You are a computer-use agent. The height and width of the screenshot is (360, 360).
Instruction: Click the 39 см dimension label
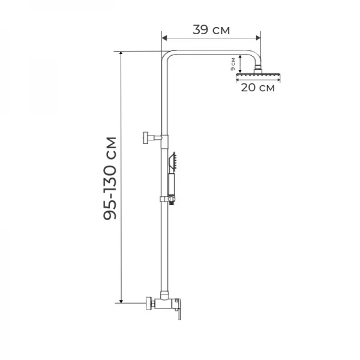pos(211,30)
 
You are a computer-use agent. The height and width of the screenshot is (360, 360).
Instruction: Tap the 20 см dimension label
pos(257,88)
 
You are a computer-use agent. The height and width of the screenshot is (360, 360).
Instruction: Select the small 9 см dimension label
pos(233,64)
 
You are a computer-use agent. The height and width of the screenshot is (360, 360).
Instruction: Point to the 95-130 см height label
pos(110,178)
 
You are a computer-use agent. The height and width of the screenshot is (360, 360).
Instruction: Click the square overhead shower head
pos(258,75)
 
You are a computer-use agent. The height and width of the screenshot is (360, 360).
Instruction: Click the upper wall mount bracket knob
pos(146,138)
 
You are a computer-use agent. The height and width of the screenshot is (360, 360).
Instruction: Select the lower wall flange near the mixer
pos(149,303)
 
